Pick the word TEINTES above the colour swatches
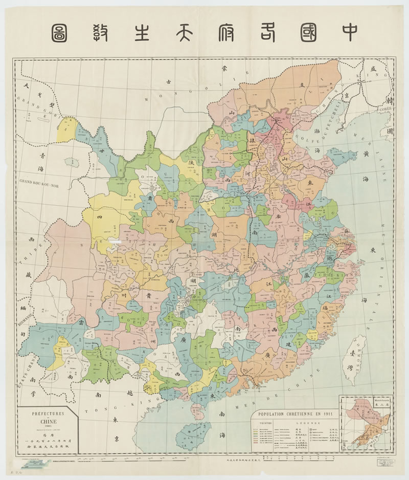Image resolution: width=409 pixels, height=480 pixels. tap(265, 424)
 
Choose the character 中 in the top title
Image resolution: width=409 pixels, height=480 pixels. tap(349, 31)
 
